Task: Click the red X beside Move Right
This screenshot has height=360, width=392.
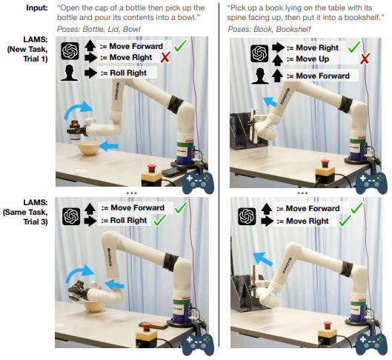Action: tap(165, 58)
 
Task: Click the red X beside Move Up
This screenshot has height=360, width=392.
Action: tap(365, 59)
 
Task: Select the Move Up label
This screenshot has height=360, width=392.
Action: tap(308, 59)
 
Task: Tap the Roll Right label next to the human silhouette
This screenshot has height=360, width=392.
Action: tap(124, 73)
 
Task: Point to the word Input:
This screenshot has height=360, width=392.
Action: tap(37, 7)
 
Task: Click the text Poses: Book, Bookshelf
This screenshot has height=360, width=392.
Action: tap(269, 29)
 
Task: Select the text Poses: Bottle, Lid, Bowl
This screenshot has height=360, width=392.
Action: tap(99, 29)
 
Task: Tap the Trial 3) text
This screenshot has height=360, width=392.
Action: tap(36, 221)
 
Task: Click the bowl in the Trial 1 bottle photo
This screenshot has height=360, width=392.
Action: tap(89, 147)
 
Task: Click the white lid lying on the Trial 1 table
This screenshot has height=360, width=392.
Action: tap(81, 171)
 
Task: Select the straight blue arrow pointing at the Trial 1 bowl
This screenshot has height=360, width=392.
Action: tap(109, 146)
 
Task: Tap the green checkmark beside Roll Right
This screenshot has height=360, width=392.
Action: tap(159, 220)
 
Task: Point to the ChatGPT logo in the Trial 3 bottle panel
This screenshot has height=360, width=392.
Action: tap(71, 216)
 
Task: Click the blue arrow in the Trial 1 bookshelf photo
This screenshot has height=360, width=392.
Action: tap(270, 102)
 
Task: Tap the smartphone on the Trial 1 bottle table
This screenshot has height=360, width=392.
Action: tap(173, 171)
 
